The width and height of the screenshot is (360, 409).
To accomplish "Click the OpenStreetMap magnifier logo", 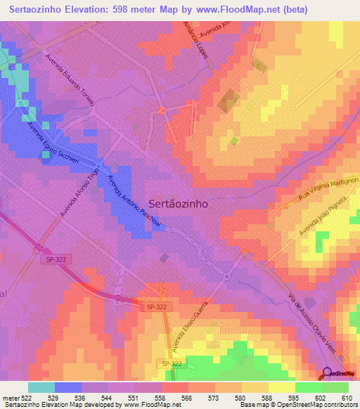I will [328, 375].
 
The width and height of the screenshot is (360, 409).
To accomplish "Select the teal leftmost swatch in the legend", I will [41, 387].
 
